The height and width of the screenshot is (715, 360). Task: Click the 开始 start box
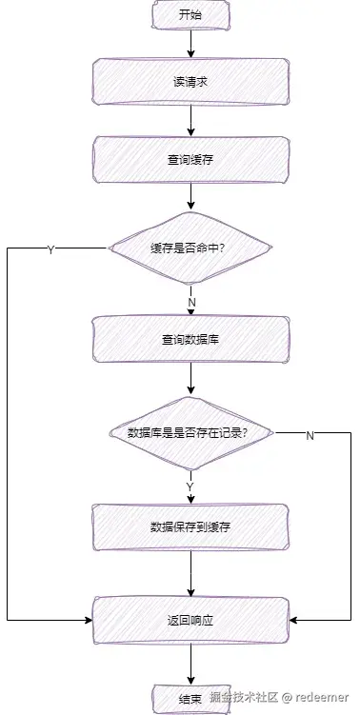click(190, 15)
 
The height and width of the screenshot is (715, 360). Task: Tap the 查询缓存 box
click(190, 160)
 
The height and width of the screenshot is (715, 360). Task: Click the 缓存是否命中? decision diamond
click(190, 248)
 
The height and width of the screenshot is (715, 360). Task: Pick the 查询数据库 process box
click(190, 339)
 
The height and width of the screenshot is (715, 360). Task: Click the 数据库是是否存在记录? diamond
click(190, 432)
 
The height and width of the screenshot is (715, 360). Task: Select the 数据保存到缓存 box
click(190, 526)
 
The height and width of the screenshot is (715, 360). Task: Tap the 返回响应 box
click(190, 620)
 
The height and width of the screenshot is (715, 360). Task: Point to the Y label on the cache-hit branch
click(50, 249)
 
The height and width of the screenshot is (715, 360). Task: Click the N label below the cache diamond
click(191, 303)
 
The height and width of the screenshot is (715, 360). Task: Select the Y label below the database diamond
click(190, 487)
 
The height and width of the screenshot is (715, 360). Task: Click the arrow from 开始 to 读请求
click(190, 43)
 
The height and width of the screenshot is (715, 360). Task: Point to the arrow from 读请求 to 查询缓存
click(190, 120)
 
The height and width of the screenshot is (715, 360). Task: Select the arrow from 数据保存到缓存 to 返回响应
click(190, 573)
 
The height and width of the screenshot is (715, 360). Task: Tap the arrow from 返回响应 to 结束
click(190, 663)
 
